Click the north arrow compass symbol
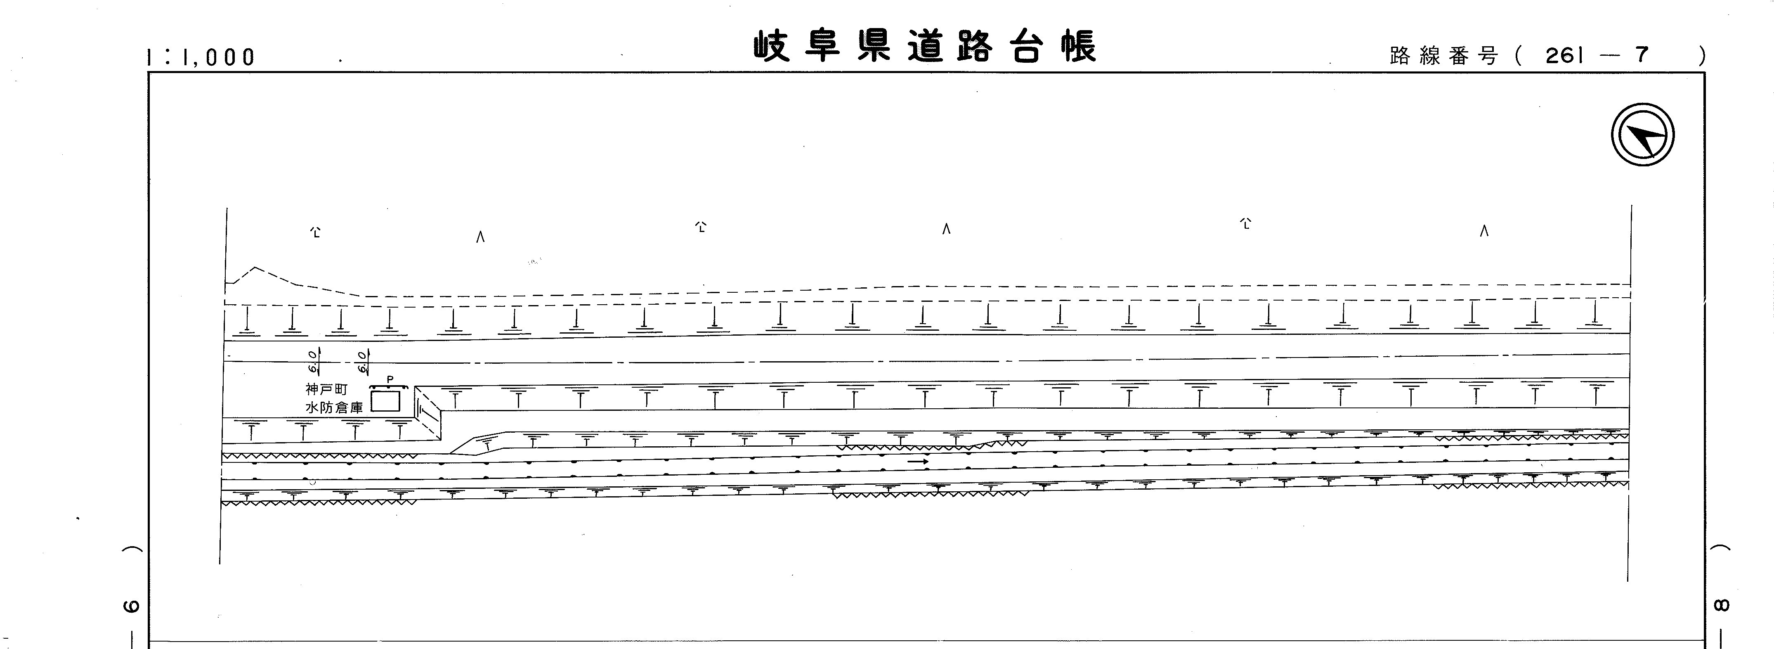coord(1642,134)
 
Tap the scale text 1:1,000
coord(201,57)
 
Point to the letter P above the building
coord(390,379)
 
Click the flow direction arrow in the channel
coord(917,462)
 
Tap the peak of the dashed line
coord(255,267)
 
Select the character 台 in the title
coord(1026,46)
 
